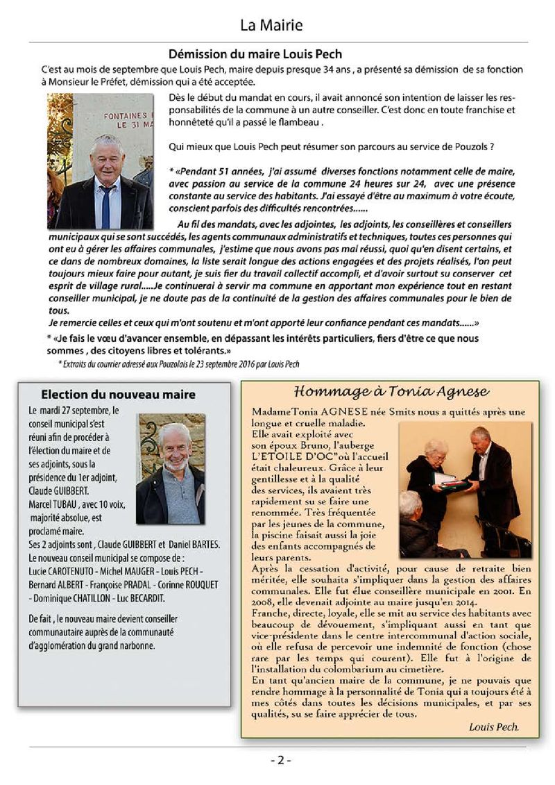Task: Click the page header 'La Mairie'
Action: pyautogui.click(x=271, y=26)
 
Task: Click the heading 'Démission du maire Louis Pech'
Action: pyautogui.click(x=255, y=53)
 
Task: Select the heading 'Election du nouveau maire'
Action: pyautogui.click(x=118, y=394)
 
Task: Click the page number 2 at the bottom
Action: pyautogui.click(x=280, y=759)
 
